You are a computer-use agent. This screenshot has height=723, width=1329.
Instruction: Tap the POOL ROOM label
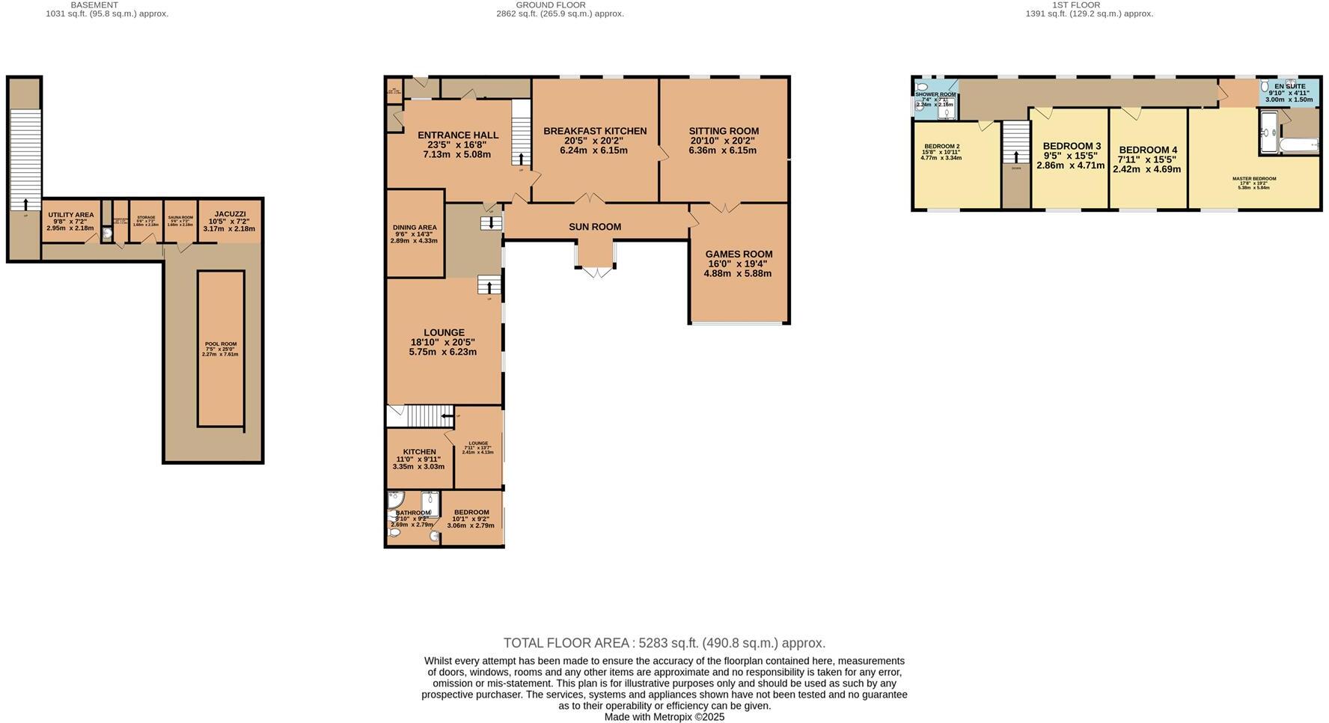pyautogui.click(x=221, y=344)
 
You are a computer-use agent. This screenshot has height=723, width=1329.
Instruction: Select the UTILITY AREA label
pyautogui.click(x=71, y=215)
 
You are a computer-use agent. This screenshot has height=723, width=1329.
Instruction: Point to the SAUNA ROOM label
pyautogui.click(x=180, y=218)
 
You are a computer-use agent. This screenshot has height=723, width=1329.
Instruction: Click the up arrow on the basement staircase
pyautogui.click(x=25, y=204)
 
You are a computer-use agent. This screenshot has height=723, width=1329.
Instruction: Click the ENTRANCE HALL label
pyautogui.click(x=457, y=135)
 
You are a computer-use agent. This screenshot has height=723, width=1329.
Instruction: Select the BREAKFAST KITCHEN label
pyautogui.click(x=595, y=131)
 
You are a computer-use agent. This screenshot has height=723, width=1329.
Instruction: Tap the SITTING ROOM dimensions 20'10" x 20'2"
pyautogui.click(x=723, y=141)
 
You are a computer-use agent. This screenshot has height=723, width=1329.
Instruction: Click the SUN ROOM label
pyautogui.click(x=595, y=227)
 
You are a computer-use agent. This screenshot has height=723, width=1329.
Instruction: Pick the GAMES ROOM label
pyautogui.click(x=739, y=254)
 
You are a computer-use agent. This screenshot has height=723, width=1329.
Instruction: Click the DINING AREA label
pyautogui.click(x=415, y=228)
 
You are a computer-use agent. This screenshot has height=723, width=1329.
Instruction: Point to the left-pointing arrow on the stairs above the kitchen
pyautogui.click(x=447, y=416)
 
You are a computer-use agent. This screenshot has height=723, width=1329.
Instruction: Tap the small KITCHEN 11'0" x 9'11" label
pyautogui.click(x=419, y=452)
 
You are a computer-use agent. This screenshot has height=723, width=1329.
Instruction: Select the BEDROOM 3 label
pyautogui.click(x=1072, y=146)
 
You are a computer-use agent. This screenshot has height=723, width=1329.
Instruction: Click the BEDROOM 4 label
pyautogui.click(x=1148, y=150)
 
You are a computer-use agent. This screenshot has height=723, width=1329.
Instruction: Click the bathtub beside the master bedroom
pyautogui.click(x=1299, y=146)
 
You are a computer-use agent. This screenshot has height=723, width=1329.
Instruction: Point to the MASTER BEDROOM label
pyautogui.click(x=1254, y=179)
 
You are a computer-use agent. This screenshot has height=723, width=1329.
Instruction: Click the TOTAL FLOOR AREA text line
pyautogui.click(x=664, y=643)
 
